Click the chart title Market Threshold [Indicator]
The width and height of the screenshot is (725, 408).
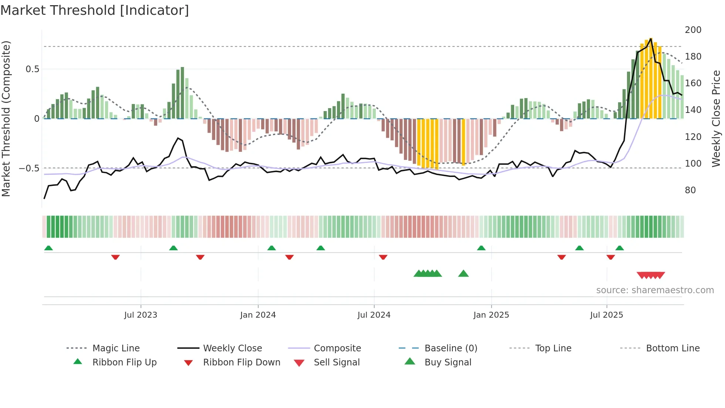[95, 10]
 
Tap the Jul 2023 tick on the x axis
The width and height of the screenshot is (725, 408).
[141, 315]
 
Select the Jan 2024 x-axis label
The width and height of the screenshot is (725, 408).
[258, 315]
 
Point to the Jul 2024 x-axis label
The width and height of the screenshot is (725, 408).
[374, 315]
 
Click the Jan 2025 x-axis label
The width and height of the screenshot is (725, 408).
[491, 315]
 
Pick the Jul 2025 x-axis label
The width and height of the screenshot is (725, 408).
[607, 315]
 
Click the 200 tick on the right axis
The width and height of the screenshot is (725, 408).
[693, 30]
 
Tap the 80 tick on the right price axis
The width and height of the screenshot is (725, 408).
[690, 190]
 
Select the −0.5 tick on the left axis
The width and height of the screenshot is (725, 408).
[29, 168]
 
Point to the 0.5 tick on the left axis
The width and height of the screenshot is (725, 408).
[32, 69]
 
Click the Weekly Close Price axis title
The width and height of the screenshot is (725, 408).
[716, 118]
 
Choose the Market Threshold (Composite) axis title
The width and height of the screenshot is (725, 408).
[6, 118]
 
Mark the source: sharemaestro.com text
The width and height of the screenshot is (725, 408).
[655, 290]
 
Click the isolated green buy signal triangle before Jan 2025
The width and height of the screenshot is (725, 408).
[463, 274]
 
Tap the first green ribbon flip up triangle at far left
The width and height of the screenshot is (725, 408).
[48, 248]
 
